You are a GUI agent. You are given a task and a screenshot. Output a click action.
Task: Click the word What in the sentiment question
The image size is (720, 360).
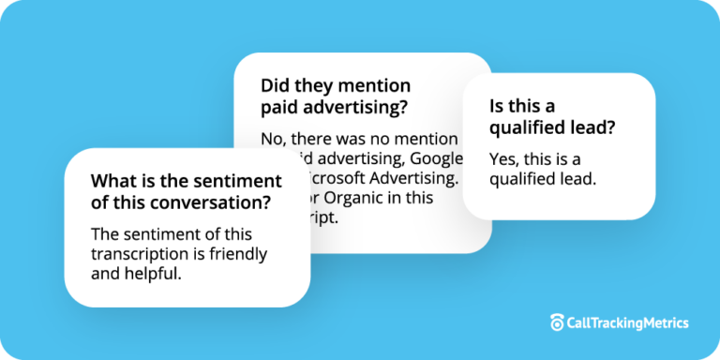tap(112, 181)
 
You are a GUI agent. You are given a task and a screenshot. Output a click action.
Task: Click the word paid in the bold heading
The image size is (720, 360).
tap(280, 107)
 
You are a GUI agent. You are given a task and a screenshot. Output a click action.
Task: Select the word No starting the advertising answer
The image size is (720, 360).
tap(272, 139)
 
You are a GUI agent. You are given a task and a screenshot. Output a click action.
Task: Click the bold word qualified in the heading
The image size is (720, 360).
tap(527, 127)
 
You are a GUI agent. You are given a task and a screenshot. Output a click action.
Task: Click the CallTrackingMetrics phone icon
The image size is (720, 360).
tap(557, 322)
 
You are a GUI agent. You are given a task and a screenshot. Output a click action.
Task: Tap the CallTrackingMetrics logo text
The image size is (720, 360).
tap(627, 322)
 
